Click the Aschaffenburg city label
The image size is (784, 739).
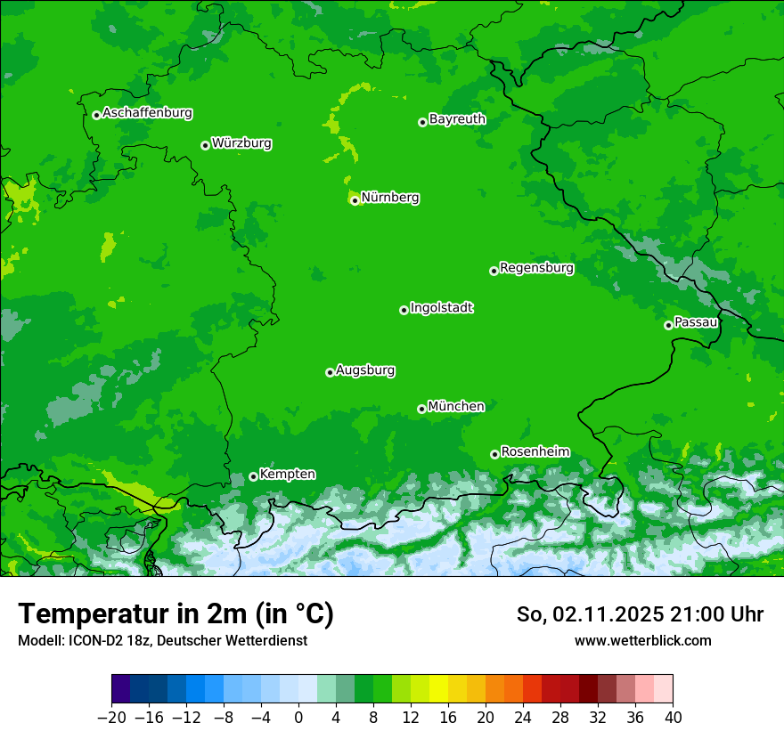pos(147,113)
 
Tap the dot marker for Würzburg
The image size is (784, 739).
pos(205,145)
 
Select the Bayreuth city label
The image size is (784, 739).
pos(457,119)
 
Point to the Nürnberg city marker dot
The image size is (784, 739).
pos(355,200)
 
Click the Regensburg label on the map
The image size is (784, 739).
pos(536,268)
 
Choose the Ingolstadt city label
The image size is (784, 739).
pos(441,308)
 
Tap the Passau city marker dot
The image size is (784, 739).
pos(668,325)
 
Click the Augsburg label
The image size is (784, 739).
pos(365,370)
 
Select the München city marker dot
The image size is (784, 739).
pos(421,409)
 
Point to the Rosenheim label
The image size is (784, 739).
pos(535,452)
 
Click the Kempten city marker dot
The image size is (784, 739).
pos(253,476)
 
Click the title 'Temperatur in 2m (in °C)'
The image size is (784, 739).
pos(176,614)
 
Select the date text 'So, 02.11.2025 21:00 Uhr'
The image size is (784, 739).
pos(640,614)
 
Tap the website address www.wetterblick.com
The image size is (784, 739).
pos(643,640)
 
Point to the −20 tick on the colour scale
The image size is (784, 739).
pos(111,718)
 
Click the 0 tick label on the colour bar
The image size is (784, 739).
pos(298,718)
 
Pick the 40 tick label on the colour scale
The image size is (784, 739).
pos(673,718)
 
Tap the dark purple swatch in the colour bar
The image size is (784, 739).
pos(121,689)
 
